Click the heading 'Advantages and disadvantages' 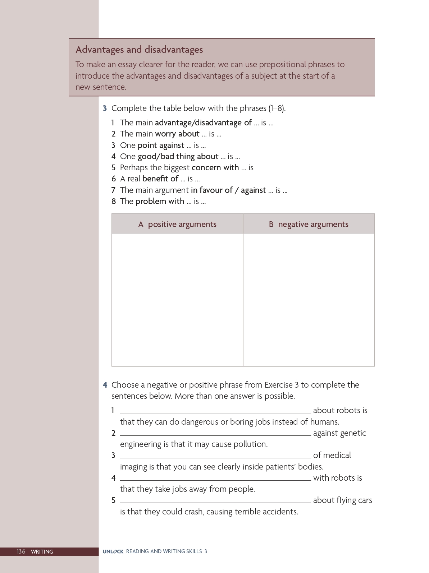tap(139, 50)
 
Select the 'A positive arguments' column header tap(177, 224)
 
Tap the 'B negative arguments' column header tap(309, 224)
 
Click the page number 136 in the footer tap(21, 551)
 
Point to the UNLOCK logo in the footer tap(113, 551)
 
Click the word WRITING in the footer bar tap(42, 551)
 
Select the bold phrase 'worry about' tap(177, 134)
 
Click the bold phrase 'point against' tap(161, 145)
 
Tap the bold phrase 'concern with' tap(215, 167)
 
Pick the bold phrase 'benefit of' tap(160, 179)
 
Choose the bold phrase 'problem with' tap(160, 201)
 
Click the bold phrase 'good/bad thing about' tap(178, 156)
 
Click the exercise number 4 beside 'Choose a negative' tap(105, 385)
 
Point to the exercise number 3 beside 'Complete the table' tap(105, 108)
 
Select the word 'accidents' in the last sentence tap(280, 512)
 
